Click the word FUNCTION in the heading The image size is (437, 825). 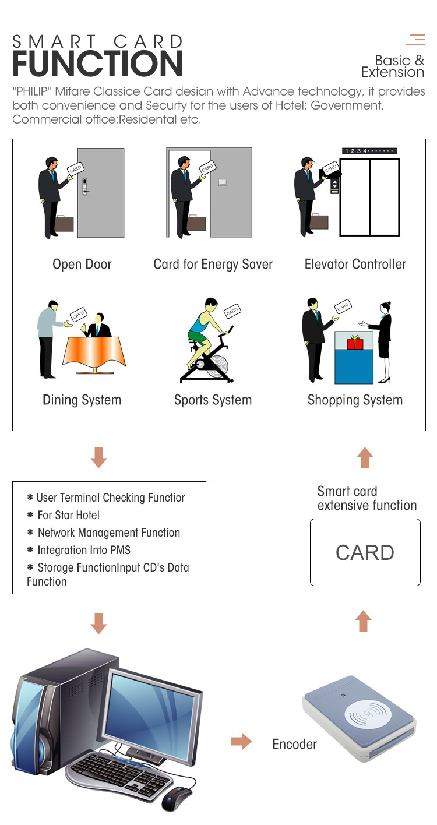pos(98,64)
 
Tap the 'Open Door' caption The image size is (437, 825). pos(82,265)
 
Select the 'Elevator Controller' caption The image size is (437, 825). pos(355,265)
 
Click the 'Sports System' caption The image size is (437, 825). pos(213,400)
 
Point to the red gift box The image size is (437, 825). pos(355,343)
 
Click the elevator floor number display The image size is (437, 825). pos(369,151)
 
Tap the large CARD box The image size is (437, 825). pos(365,552)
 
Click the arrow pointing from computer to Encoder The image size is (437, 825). pos(241,742)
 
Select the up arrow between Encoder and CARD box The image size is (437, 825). pos(364,621)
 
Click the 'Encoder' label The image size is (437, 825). pos(294,744)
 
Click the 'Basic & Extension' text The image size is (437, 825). pos(393,66)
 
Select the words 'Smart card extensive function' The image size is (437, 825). pos(366,498)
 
